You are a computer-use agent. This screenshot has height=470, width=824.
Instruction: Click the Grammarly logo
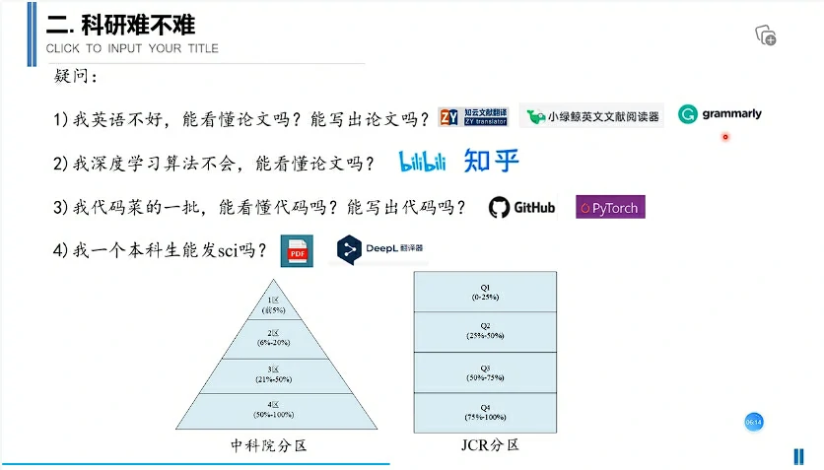click(x=721, y=114)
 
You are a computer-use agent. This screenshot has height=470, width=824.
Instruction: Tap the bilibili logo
click(x=423, y=161)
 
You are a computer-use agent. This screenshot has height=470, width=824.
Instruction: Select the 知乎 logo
click(x=491, y=161)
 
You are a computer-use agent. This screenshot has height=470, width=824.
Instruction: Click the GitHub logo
click(x=522, y=207)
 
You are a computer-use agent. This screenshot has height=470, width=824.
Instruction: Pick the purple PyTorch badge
click(x=610, y=207)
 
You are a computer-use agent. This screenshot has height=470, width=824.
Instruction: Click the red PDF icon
click(x=296, y=251)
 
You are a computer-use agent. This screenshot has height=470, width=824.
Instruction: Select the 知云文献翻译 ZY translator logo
click(x=474, y=116)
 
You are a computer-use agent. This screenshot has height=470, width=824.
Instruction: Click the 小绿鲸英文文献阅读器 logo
click(x=591, y=116)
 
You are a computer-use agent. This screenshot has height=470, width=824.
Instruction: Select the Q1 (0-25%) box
click(x=485, y=292)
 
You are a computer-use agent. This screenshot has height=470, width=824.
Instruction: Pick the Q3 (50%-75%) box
click(x=485, y=371)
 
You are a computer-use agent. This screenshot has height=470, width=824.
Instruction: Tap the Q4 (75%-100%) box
click(x=485, y=412)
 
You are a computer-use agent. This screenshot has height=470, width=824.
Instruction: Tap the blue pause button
click(x=798, y=456)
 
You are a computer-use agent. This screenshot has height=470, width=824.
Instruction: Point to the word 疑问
click(x=76, y=76)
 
